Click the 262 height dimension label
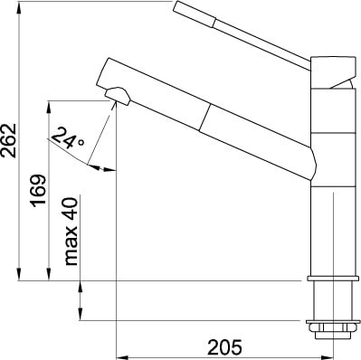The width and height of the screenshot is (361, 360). click(8, 139)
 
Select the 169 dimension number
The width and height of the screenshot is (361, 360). click(38, 191)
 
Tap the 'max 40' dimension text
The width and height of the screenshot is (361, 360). click(71, 232)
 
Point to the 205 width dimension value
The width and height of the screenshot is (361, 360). click(224, 347)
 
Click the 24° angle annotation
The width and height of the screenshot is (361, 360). click(67, 137)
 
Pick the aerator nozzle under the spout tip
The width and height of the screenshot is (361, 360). click(118, 96)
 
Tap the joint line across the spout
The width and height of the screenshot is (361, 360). click(204, 118)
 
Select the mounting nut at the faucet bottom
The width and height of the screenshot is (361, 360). click(333, 330)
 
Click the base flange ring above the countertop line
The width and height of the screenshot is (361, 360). click(333, 279)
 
